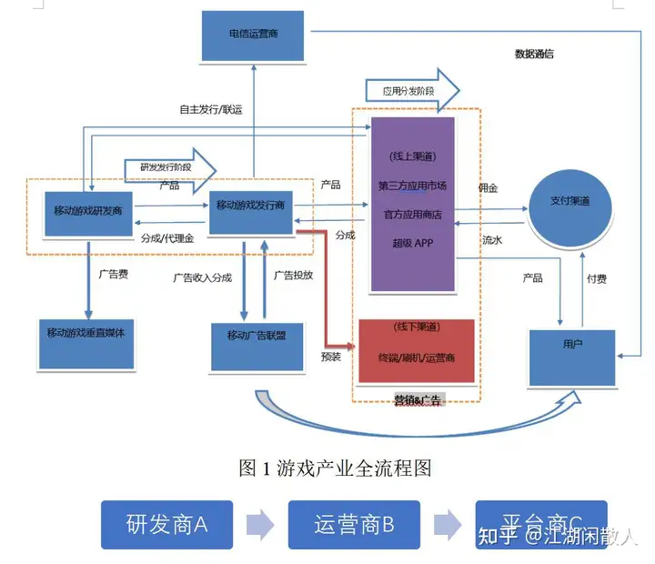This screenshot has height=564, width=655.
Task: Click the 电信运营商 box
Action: click(x=254, y=36)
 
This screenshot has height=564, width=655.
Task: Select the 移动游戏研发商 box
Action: click(x=88, y=210)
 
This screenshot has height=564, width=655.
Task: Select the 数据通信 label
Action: click(x=534, y=54)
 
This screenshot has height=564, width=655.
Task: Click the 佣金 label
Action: click(x=489, y=188)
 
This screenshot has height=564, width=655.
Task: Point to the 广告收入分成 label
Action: click(x=204, y=277)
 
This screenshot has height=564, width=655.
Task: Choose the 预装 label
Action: click(x=331, y=357)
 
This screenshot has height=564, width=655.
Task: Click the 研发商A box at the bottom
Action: click(x=166, y=525)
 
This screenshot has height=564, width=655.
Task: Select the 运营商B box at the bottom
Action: click(x=354, y=525)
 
